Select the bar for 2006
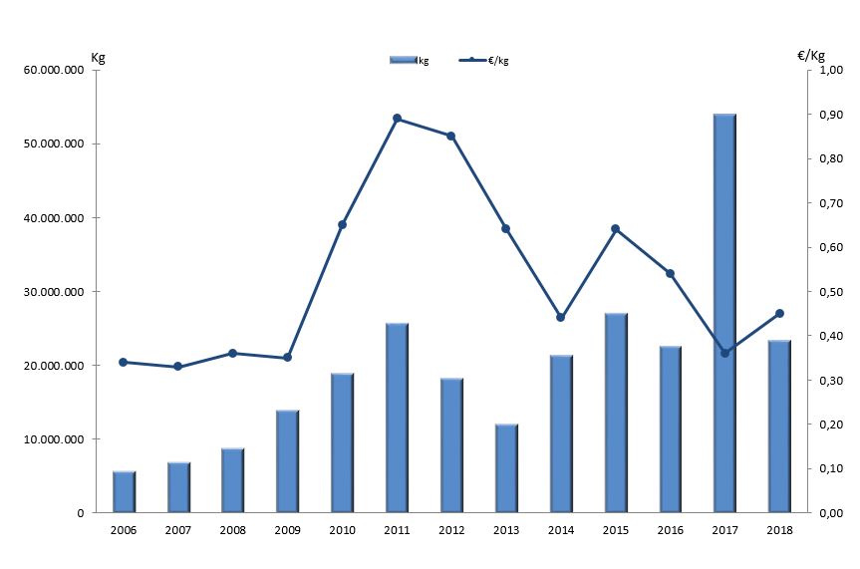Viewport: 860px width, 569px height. coord(124,492)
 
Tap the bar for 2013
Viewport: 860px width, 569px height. coord(506,468)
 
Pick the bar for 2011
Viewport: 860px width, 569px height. coord(397,418)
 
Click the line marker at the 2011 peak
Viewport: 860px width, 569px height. coord(397,119)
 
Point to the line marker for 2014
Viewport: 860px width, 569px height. coord(560,318)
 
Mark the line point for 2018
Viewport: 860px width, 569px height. coord(779,314)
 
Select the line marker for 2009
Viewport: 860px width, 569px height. coord(288,357)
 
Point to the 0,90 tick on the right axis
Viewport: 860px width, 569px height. coord(831,115)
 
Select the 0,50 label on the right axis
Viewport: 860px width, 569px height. coord(831,292)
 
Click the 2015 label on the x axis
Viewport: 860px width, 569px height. coord(615,530)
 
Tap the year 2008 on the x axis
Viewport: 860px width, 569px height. coord(233,530)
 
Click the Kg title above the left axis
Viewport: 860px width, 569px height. coord(98,57)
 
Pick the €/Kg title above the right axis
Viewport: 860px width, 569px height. coord(811,56)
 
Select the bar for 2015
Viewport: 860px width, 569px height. coord(615,414)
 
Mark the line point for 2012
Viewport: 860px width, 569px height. coord(450,136)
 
